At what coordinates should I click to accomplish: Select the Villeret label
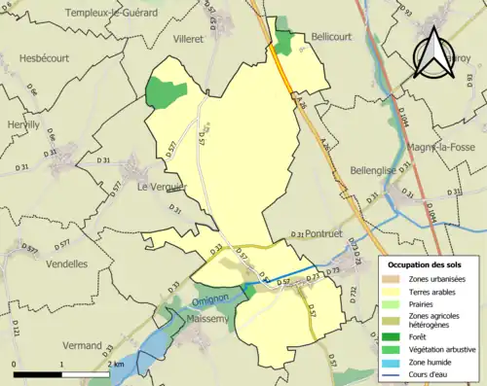187,40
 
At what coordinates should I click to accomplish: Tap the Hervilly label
23,124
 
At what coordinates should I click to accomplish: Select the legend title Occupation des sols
428,264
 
